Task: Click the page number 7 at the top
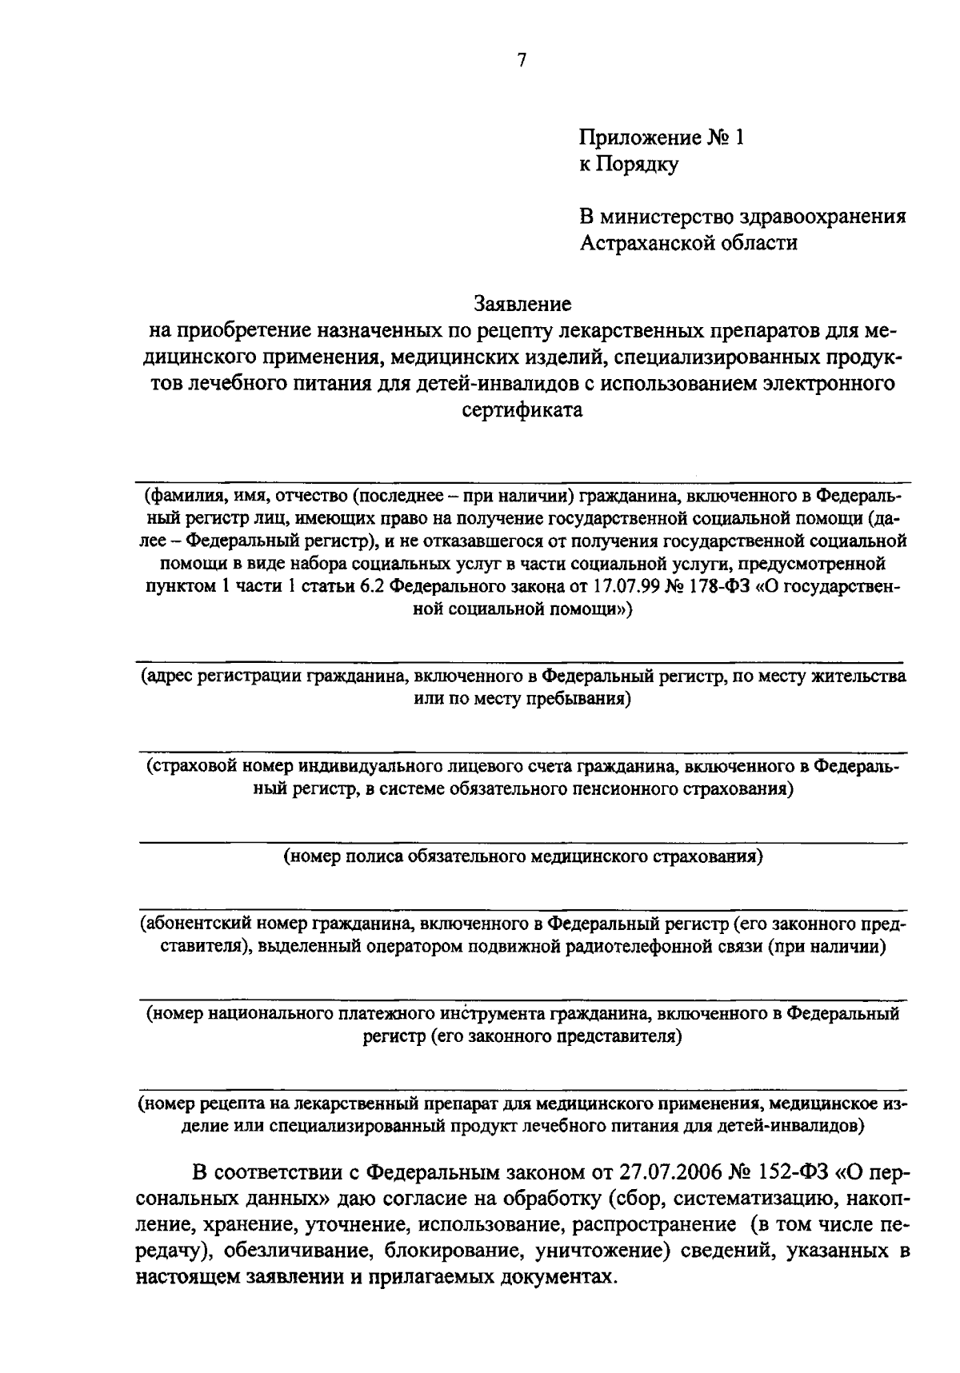coord(521,61)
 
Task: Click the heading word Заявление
coord(522,304)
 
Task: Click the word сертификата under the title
coord(522,411)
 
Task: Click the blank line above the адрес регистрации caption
coord(522,663)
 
